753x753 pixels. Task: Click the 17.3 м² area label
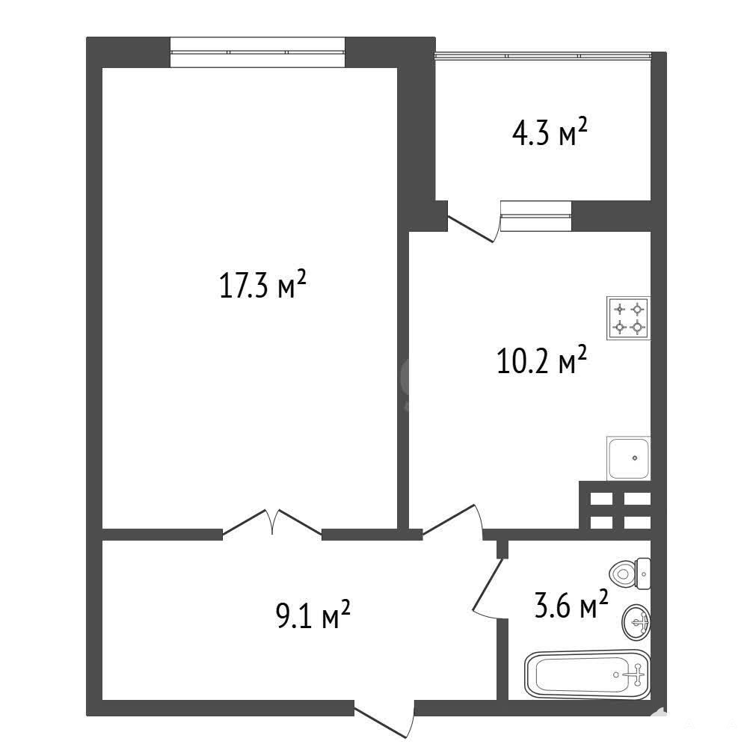[x=262, y=284]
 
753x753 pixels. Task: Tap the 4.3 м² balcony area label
[x=550, y=132]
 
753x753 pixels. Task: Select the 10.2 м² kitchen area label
[x=541, y=360]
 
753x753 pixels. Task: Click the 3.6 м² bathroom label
[x=571, y=604]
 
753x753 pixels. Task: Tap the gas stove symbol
[x=628, y=319]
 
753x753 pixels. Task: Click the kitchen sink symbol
[x=628, y=458]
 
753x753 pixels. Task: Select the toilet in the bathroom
[x=630, y=574]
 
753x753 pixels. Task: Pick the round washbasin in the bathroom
[x=636, y=622]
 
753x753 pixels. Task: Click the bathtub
[x=587, y=674]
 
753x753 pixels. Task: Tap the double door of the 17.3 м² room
[x=271, y=522]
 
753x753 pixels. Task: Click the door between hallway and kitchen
[x=452, y=520]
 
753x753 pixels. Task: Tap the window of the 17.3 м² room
[x=257, y=52]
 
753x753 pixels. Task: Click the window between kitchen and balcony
[x=536, y=215]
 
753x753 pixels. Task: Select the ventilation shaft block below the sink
[x=615, y=505]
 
